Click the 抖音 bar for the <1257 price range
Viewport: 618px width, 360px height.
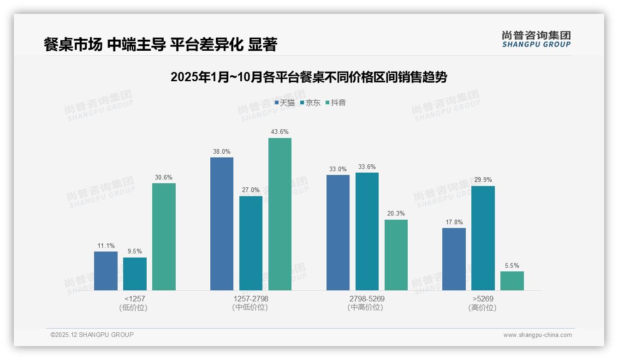pos(164,237)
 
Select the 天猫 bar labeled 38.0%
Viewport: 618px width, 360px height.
pos(222,224)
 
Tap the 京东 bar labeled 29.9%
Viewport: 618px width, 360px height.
pos(483,238)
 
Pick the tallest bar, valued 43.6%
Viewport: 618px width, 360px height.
pos(280,214)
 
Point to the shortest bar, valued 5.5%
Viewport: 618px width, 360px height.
pos(512,281)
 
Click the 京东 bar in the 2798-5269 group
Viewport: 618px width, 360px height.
pos(367,231)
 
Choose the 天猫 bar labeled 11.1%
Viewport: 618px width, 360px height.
pos(106,271)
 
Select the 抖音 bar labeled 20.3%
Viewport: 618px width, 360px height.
pos(396,255)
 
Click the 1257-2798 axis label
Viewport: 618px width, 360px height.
pos(250,299)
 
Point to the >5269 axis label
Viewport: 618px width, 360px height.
pos(482,299)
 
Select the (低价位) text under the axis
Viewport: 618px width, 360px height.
pos(134,308)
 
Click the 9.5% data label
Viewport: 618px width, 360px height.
pos(135,252)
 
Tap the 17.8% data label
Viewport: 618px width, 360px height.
pos(454,222)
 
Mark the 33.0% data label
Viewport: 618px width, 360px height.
pos(338,169)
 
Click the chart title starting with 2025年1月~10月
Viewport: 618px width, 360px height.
pos(309,77)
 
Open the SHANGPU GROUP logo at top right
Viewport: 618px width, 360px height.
pos(536,39)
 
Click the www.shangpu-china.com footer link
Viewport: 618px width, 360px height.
pos(537,335)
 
